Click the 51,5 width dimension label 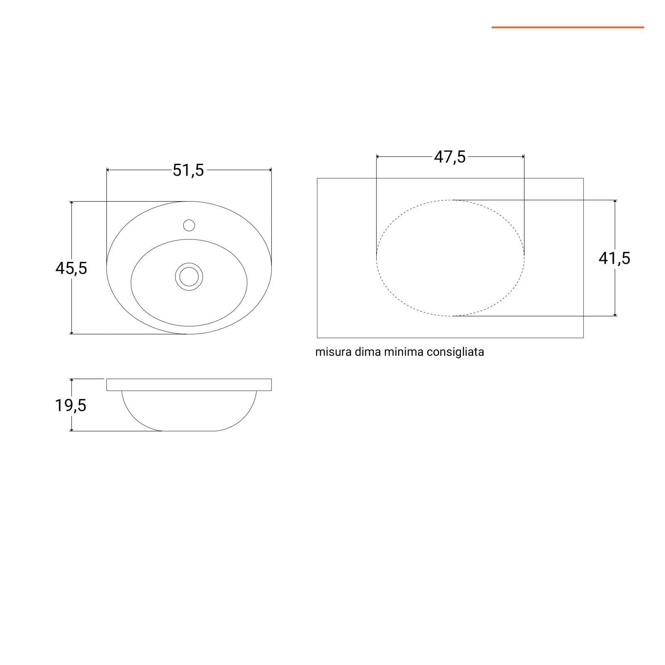189,170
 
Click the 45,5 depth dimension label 71,268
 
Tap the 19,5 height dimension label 71,405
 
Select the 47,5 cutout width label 450,158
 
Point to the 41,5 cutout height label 614,258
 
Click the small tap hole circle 189,225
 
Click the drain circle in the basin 189,276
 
